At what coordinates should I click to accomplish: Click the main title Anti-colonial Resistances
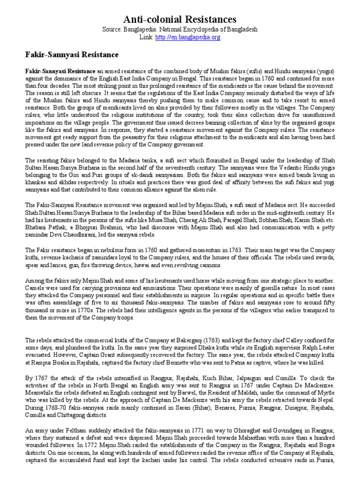coord(180,19)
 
